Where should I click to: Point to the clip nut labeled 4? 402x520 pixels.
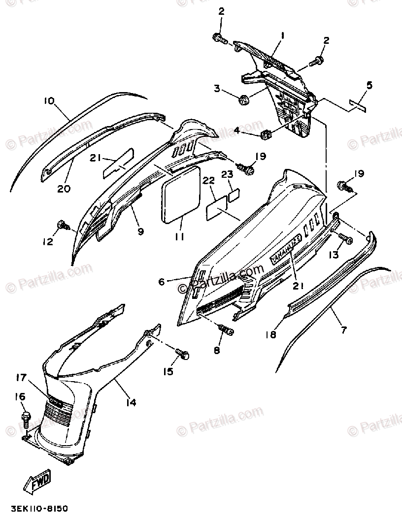coord(266,133)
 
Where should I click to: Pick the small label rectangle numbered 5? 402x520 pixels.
coord(357,104)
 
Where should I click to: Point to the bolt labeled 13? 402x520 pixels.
coord(347,240)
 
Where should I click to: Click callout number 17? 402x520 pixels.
coord(21,378)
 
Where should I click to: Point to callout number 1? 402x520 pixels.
coord(283,36)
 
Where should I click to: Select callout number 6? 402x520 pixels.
coord(161,282)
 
